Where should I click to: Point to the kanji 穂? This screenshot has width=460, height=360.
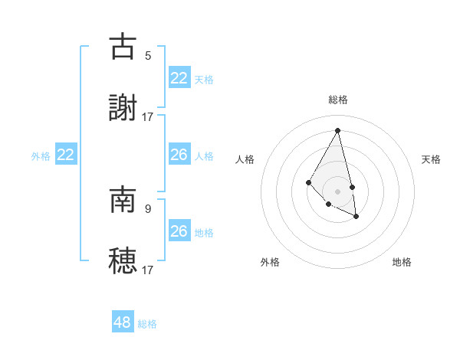(x=123, y=260)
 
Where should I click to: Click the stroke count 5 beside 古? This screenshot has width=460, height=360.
(x=148, y=55)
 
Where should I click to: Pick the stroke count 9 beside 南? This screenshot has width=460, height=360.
(x=148, y=208)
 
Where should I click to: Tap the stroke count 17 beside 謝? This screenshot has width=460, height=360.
(x=148, y=116)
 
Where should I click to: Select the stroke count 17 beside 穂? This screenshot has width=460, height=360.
(x=148, y=270)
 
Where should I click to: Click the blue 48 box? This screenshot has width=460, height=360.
(x=123, y=322)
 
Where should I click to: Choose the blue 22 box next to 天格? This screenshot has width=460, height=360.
(x=179, y=78)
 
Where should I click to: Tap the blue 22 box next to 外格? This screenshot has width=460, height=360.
(x=66, y=155)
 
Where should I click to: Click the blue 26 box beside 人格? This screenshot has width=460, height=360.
(x=179, y=155)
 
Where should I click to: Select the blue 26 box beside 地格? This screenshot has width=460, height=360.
(x=179, y=231)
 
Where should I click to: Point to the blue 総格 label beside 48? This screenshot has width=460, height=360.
(x=147, y=324)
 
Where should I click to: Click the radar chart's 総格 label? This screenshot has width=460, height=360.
(x=338, y=100)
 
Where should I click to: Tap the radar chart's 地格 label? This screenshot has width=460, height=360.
(x=402, y=262)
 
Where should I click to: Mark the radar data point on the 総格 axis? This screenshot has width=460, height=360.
(x=337, y=130)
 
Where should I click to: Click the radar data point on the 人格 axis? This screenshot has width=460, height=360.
(x=308, y=182)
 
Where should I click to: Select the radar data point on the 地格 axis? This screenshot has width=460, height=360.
(x=356, y=217)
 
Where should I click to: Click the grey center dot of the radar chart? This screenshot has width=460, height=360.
(x=337, y=191)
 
